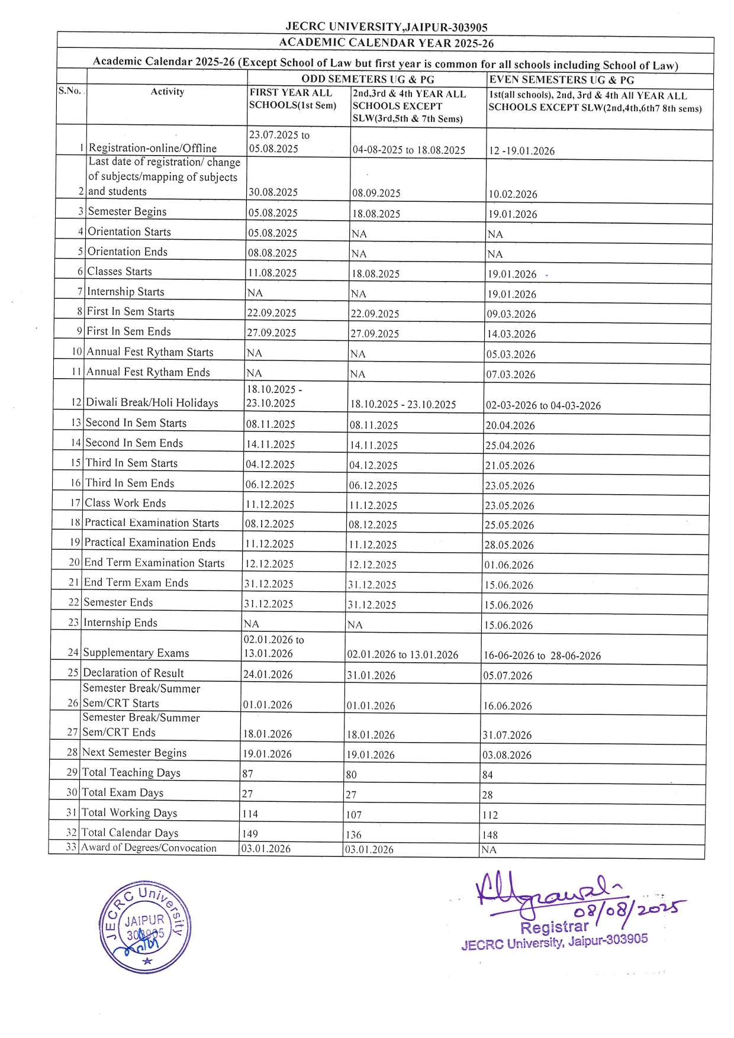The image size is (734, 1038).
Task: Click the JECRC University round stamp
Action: click(145, 927)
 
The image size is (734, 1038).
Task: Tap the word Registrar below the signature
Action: click(554, 927)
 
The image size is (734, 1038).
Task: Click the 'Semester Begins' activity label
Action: click(127, 211)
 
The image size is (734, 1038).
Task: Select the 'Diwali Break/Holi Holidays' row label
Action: click(152, 402)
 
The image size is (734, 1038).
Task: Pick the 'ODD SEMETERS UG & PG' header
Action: click(368, 79)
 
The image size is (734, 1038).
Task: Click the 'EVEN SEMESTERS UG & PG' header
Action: click(561, 80)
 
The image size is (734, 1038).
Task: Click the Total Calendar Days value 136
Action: click(354, 834)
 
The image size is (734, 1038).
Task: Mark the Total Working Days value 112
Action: click(490, 814)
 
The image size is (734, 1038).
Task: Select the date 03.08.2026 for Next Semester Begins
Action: click(508, 755)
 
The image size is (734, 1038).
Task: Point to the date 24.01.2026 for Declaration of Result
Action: click(268, 674)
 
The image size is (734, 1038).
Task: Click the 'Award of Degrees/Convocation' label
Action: click(149, 847)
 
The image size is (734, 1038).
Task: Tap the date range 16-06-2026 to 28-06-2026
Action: click(542, 656)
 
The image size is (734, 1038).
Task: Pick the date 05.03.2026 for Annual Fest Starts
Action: click(511, 354)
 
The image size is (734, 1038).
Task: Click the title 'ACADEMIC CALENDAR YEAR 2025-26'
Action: click(386, 43)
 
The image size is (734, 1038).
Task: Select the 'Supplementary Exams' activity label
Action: click(136, 653)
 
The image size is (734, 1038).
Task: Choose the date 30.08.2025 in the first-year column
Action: click(273, 192)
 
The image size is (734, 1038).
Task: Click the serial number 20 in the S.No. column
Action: click(74, 562)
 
